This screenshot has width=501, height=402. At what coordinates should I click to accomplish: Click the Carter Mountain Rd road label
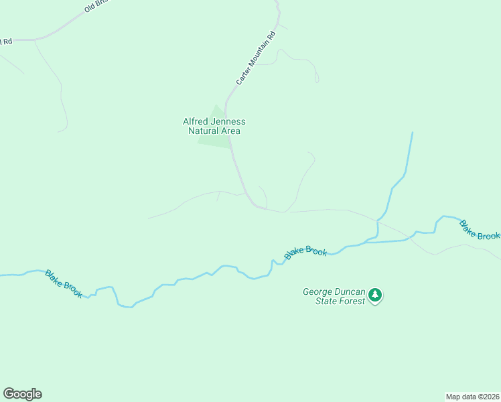[256, 58]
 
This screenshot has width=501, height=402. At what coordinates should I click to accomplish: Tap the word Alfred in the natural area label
[197, 121]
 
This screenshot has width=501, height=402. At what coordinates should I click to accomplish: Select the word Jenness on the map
[230, 121]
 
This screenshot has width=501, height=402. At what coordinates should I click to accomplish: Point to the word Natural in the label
[204, 131]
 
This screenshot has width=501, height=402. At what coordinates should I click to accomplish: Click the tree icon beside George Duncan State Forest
[376, 295]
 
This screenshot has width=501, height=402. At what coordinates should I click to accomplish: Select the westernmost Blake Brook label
[64, 283]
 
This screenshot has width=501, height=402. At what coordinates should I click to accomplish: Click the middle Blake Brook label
[305, 252]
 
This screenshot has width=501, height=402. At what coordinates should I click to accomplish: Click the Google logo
[22, 394]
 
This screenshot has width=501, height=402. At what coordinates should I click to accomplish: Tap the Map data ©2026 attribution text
[472, 396]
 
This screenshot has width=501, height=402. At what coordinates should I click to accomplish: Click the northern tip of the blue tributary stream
[412, 133]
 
